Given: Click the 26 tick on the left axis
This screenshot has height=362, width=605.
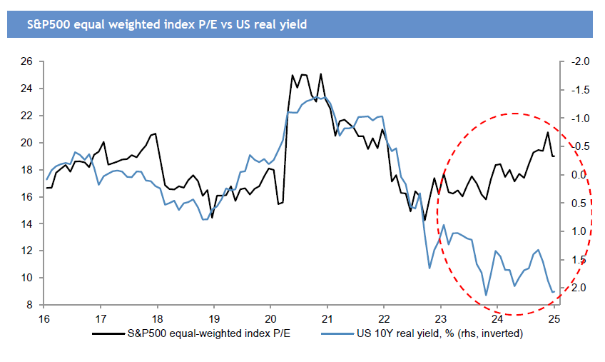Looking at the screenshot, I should pyautogui.click(x=28, y=61).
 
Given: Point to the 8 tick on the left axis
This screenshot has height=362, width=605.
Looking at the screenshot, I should pyautogui.click(x=30, y=305).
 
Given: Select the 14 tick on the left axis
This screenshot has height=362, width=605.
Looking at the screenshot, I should pyautogui.click(x=28, y=223).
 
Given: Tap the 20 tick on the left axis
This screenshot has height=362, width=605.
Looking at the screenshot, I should pyautogui.click(x=28, y=143).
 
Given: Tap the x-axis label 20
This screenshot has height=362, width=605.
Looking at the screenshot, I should pyautogui.click(x=270, y=318).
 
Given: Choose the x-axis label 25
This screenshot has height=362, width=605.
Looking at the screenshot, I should pyautogui.click(x=554, y=318).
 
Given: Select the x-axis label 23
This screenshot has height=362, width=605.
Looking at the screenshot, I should pyautogui.click(x=441, y=318).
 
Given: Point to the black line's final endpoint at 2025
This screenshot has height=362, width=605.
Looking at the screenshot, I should pyautogui.click(x=554, y=156).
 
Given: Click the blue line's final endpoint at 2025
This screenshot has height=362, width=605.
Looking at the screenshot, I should pyautogui.click(x=554, y=291).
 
